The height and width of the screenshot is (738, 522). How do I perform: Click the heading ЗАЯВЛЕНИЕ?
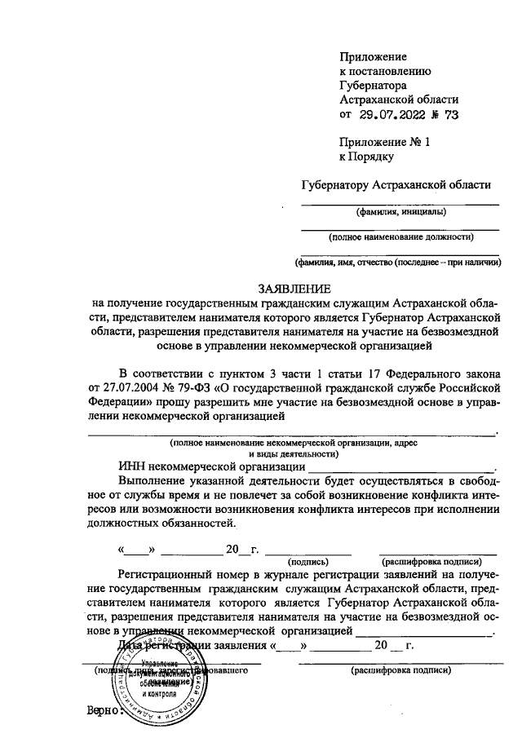[294, 289]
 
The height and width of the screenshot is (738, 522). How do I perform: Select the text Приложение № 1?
[384, 142]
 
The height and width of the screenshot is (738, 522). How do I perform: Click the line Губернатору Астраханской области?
[396, 186]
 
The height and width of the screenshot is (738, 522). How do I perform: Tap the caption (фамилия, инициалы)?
[400, 213]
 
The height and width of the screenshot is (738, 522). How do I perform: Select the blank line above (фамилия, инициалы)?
[400, 203]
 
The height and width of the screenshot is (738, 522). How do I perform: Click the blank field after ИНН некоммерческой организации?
[400, 467]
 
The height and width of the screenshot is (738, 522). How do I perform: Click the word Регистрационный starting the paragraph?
[171, 576]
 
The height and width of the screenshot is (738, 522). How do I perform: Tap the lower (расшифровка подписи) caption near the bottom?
[400, 670]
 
